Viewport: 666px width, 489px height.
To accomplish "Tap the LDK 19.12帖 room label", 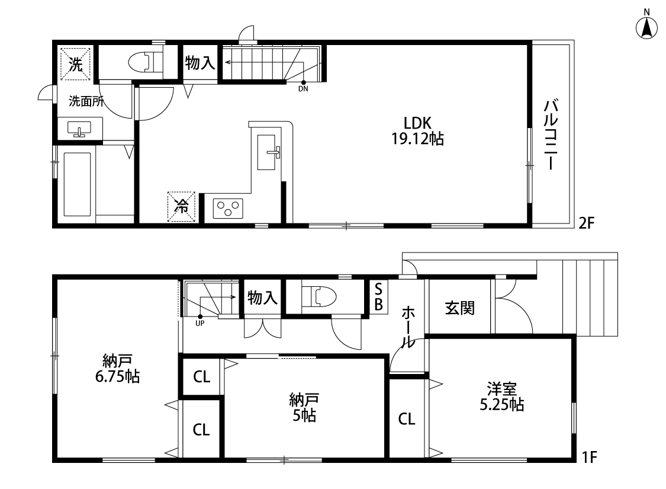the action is click(417, 131).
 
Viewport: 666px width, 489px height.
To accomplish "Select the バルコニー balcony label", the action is click(551, 135).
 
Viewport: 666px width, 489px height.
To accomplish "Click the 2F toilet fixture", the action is click(145, 61).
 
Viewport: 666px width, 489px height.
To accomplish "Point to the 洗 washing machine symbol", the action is click(76, 64).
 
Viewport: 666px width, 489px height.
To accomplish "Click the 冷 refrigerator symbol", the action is click(181, 207).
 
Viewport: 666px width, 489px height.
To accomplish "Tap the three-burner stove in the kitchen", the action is click(228, 209).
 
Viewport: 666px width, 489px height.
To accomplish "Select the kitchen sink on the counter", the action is click(268, 152).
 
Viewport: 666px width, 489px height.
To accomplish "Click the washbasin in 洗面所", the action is click(79, 129).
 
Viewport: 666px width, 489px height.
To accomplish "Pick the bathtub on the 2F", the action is click(78, 184).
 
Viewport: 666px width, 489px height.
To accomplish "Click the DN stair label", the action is click(303, 89).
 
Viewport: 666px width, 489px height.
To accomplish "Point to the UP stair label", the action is click(200, 323).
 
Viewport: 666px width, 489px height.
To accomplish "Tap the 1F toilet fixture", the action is click(318, 296).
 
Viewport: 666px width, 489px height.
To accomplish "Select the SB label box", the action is click(378, 297).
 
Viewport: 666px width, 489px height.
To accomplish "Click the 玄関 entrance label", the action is click(460, 308).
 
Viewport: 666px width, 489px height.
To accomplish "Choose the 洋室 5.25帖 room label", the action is click(501, 397).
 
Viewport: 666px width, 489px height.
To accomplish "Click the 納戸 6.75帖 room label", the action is click(117, 369).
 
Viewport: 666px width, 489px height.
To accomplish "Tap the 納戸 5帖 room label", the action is click(304, 407).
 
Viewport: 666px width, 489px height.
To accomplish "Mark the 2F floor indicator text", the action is click(586, 223).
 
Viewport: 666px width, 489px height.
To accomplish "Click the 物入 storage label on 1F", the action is click(262, 298).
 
